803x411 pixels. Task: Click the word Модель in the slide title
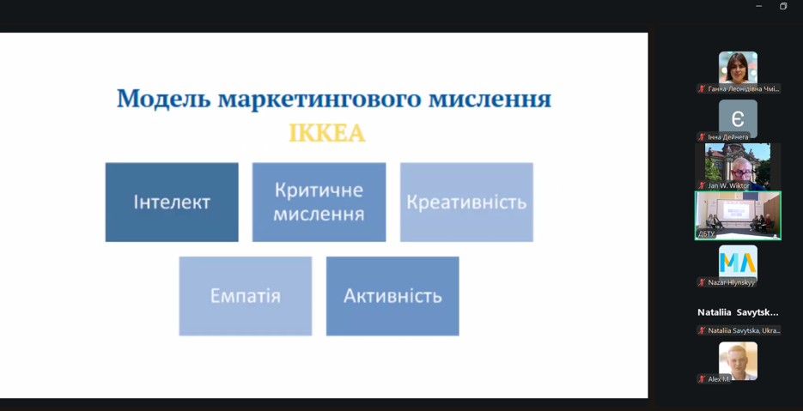coord(164,99)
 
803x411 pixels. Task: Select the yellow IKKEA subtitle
coord(326,134)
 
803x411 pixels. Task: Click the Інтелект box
coord(172,202)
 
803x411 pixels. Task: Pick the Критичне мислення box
coord(319,202)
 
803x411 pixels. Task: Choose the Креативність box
coord(466,202)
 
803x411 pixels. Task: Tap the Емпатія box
coord(246,296)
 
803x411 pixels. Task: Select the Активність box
coord(392,296)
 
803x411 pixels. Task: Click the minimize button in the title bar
coord(758,6)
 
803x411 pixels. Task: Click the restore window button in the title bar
coord(783,6)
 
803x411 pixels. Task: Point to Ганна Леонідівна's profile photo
coord(738,67)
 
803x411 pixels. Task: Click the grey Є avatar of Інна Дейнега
coord(738,117)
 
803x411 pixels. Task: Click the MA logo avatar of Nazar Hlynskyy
coord(738,261)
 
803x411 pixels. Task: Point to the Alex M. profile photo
coord(738,360)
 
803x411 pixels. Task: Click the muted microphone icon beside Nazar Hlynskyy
coord(702,282)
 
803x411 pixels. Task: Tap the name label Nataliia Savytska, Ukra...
coord(744,330)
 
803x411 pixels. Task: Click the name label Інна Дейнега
coord(728,137)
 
